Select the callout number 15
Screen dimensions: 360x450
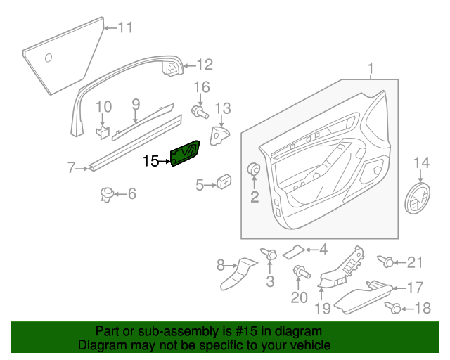150,161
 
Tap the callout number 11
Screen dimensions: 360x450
124,28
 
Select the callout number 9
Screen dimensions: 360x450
136,104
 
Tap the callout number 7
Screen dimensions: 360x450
71,167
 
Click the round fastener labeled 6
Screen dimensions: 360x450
108,193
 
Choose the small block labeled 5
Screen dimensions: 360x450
225,181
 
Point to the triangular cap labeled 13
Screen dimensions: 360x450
220,134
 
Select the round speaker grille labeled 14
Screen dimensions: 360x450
420,200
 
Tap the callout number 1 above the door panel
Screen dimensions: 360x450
371,68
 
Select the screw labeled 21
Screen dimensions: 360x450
387,262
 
